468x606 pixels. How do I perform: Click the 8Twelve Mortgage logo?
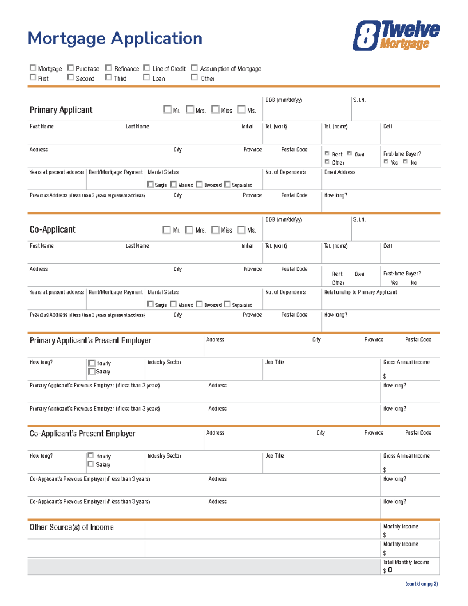coord(396,36)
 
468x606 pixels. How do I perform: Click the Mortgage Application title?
coord(115,38)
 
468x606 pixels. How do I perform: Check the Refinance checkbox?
coord(108,68)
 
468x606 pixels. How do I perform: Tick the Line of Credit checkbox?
coord(146,68)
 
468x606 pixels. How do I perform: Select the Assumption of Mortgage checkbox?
coord(194,68)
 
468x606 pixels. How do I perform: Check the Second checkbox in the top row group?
coord(70,77)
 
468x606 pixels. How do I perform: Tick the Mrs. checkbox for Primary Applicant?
coord(190,109)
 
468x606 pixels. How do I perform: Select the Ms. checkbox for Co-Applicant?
coord(241,229)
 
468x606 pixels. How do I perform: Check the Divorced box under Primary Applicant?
coord(199,184)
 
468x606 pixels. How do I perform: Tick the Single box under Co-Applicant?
coord(150,304)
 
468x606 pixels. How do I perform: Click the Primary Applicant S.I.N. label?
coord(359,100)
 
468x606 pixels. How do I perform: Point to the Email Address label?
coord(339,172)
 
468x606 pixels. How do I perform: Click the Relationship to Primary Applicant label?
coord(360,292)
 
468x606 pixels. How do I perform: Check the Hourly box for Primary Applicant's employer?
coord(92,363)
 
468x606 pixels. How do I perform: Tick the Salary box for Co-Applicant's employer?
coord(90,464)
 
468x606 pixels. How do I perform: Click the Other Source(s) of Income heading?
coord(72,527)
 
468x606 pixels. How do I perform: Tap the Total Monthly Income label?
coord(406,562)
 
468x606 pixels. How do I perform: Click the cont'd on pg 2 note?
coord(421,584)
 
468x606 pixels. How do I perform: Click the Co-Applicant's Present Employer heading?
coord(82,434)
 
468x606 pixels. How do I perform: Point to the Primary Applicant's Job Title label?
coord(274,362)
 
